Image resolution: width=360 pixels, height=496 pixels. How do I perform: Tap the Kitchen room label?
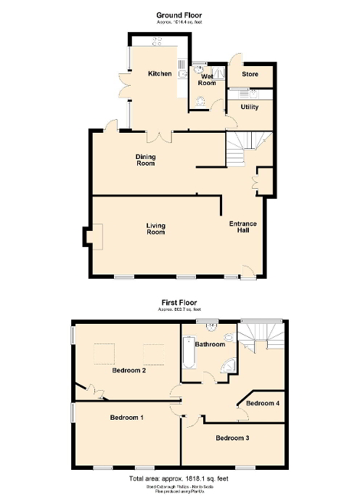(x=160, y=74)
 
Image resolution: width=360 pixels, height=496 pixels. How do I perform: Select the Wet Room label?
(x=208, y=79)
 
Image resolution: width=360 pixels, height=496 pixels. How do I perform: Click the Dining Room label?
(x=146, y=160)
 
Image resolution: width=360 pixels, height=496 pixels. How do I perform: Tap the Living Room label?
(x=155, y=228)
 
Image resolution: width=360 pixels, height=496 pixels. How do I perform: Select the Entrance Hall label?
(x=240, y=227)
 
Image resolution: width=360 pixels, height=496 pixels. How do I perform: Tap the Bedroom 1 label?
(x=126, y=418)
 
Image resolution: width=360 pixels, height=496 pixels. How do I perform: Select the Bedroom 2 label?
(x=129, y=370)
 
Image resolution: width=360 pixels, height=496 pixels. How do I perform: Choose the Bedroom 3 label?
(x=232, y=438)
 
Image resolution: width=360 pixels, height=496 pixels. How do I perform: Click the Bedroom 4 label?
(x=261, y=403)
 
